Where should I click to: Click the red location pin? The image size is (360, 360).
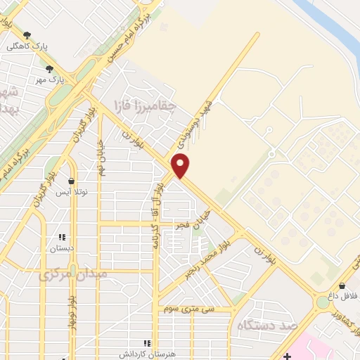point(181,165)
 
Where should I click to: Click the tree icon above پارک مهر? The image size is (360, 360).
point(49,69)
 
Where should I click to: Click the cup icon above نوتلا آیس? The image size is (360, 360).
point(70,181)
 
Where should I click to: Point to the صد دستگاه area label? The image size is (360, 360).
point(268,324)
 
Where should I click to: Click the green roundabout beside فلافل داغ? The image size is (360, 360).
point(323,302)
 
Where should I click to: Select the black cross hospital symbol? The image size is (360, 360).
point(287,354)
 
